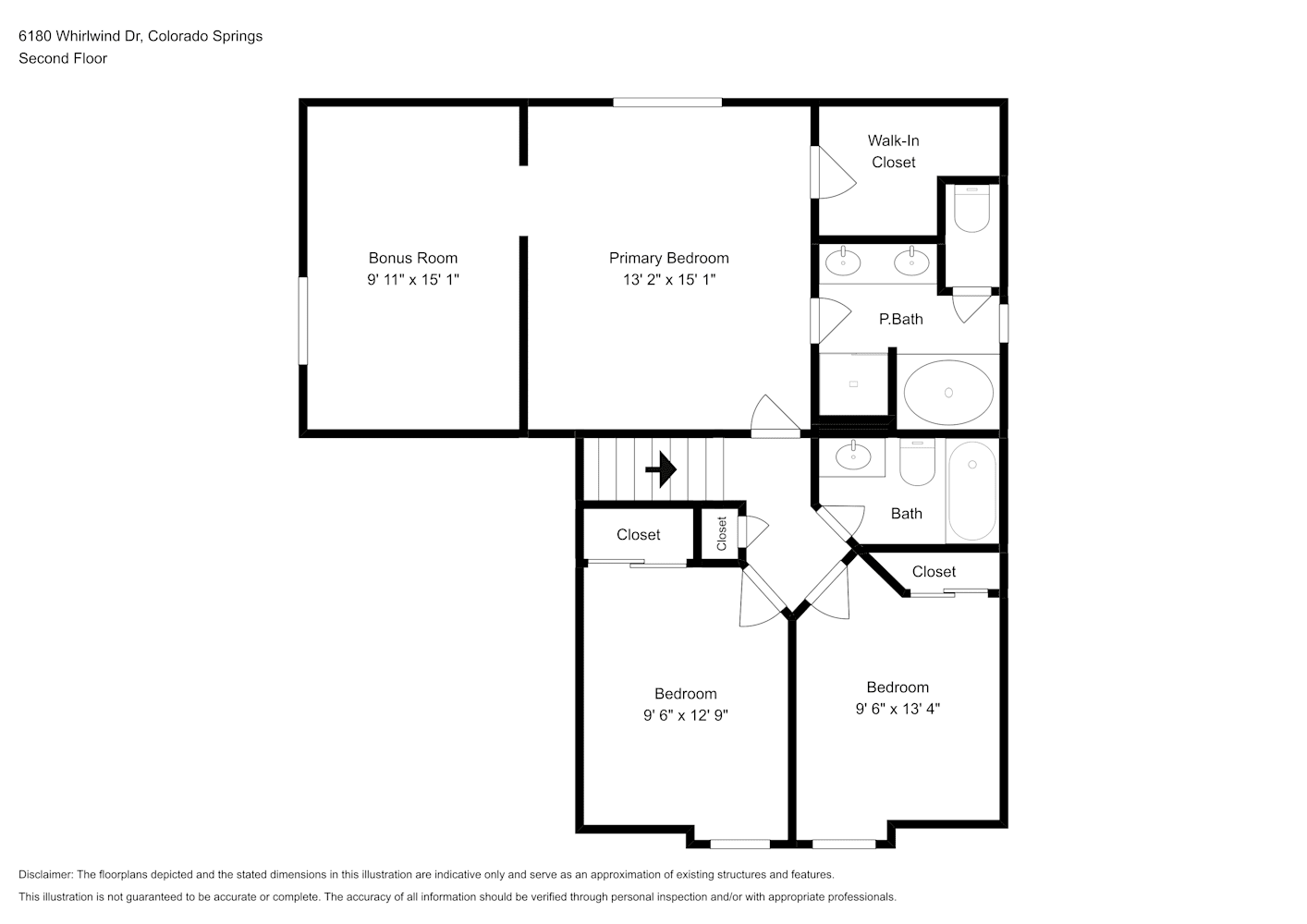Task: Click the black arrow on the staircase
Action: point(661,469)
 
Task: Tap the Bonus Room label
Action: point(412,258)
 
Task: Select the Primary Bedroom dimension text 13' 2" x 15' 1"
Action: point(668,279)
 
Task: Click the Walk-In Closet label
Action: point(893,152)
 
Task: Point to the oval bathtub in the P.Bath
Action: point(948,392)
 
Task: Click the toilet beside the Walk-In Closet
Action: point(971,209)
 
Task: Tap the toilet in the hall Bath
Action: point(917,462)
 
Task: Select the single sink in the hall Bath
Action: point(853,456)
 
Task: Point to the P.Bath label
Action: point(901,319)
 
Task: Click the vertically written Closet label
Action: point(722,534)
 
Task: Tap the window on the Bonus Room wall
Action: point(303,321)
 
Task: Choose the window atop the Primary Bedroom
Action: point(667,103)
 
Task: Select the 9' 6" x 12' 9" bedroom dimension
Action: point(686,715)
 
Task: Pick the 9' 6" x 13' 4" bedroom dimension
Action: point(898,709)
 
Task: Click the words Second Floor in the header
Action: point(63,58)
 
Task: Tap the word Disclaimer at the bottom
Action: point(45,874)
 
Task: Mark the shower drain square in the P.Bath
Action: point(854,383)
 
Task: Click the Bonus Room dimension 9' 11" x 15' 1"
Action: point(413,279)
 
